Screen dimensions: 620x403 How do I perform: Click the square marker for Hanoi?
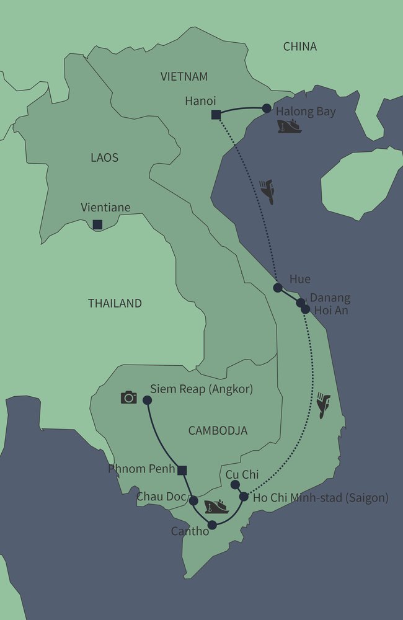(x=216, y=114)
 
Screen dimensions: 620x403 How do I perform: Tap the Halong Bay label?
(x=306, y=112)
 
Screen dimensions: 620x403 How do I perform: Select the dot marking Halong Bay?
(x=267, y=108)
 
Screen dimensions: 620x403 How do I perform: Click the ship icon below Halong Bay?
(x=290, y=127)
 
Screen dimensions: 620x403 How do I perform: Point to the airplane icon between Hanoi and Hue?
(x=267, y=191)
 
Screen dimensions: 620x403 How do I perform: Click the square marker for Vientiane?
(x=97, y=224)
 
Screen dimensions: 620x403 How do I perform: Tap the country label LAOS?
(x=104, y=157)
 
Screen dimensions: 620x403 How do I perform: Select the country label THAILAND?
(x=115, y=303)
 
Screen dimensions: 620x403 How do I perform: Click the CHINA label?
(x=299, y=46)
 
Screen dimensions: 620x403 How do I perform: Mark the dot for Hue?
(x=278, y=288)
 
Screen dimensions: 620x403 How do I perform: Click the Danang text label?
(x=330, y=298)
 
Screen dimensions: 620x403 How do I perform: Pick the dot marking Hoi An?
(x=305, y=309)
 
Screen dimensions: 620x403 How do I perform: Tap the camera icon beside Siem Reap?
(x=128, y=397)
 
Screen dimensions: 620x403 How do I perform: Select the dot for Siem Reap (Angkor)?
(x=148, y=401)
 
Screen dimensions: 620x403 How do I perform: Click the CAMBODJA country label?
(x=217, y=430)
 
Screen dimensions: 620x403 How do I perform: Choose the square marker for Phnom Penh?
(x=182, y=471)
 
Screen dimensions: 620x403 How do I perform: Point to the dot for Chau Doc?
(x=193, y=500)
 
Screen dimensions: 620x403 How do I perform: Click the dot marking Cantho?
(x=212, y=525)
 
